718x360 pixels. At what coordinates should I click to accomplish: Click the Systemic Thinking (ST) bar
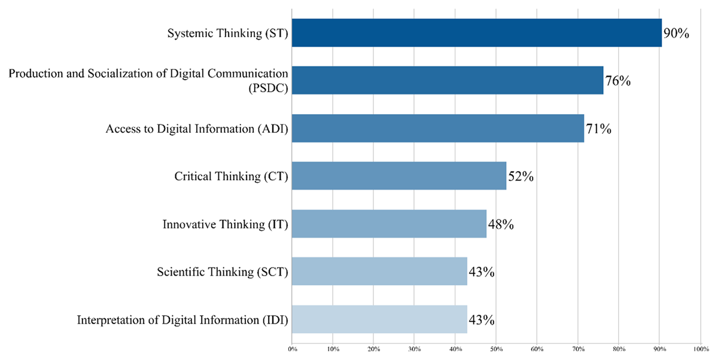(x=477, y=33)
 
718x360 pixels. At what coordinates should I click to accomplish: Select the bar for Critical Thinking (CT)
(x=399, y=176)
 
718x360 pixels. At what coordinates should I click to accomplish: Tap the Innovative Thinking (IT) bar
(x=389, y=224)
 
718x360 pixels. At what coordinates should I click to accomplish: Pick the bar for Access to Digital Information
(x=438, y=128)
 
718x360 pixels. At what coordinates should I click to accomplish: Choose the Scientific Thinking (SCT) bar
(x=379, y=271)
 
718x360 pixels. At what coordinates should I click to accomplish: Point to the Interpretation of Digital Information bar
(x=379, y=319)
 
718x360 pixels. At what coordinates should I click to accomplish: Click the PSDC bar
(x=448, y=80)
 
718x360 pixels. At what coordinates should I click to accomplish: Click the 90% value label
(x=677, y=33)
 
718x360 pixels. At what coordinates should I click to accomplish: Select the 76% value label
(x=618, y=80)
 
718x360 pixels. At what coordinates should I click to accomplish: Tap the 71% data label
(x=598, y=128)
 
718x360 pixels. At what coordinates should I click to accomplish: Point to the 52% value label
(x=521, y=176)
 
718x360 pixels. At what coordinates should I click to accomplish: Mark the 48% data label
(x=501, y=224)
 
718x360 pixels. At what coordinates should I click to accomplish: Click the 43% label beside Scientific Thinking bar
(x=481, y=272)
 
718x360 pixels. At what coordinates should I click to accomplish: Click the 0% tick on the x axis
(x=292, y=348)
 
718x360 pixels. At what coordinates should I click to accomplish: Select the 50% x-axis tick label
(x=496, y=348)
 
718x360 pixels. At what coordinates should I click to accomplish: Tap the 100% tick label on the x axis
(x=700, y=348)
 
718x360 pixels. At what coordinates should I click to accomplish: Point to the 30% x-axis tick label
(x=415, y=348)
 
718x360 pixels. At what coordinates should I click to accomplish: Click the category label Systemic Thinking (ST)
(x=228, y=33)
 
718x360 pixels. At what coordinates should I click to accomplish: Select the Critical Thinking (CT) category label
(x=232, y=176)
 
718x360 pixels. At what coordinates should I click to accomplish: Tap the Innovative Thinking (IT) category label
(x=226, y=224)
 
